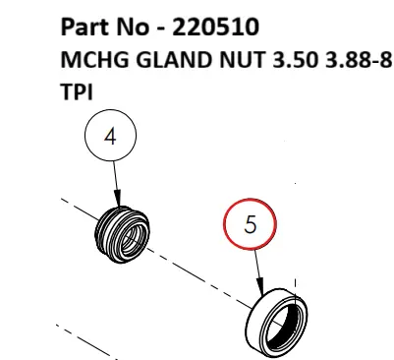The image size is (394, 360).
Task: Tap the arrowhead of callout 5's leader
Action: click(x=263, y=292)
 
